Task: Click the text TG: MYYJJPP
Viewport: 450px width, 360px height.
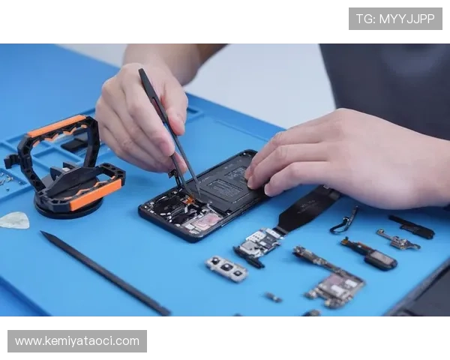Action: (395, 19)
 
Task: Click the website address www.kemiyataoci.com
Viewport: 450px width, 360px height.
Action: (77, 341)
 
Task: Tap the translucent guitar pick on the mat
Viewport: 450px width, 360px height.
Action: (15, 220)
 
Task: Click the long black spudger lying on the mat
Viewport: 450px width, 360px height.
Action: (105, 273)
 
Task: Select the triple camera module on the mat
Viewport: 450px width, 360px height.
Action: (226, 268)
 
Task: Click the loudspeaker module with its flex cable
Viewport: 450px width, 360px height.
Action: (370, 253)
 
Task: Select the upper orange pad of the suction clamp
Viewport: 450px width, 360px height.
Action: (57, 126)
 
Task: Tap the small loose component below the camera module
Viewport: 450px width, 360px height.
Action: (273, 297)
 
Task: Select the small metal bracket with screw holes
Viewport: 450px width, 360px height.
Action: (398, 239)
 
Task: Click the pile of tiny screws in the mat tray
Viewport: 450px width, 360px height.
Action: (6, 180)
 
